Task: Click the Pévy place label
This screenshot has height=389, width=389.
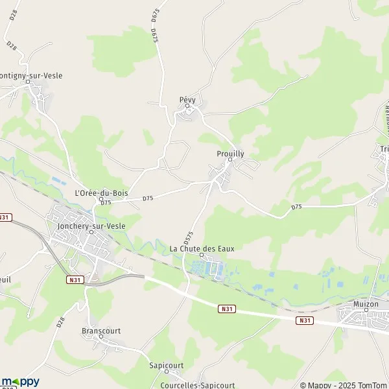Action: point(187,99)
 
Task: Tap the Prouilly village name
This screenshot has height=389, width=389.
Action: point(230,154)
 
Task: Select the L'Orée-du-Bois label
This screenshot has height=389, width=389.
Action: point(101,193)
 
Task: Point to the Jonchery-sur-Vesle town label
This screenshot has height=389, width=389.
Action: point(90,225)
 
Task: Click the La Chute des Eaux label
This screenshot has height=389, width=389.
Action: point(202,248)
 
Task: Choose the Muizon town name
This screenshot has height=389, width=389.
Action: point(366,304)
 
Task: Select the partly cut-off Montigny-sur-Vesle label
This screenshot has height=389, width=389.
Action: point(32,75)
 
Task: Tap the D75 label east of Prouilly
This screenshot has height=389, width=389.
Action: point(297,206)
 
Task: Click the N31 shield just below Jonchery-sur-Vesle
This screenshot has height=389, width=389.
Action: point(75,279)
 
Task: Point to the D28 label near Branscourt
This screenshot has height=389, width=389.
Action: point(62,321)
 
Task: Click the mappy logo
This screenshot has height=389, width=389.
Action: point(21,381)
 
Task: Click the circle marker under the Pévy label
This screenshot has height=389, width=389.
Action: point(187,106)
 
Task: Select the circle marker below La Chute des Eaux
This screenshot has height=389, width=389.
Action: point(202,255)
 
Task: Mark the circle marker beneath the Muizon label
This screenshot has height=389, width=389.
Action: point(366,311)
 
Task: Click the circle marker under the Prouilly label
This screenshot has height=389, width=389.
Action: point(230,160)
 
